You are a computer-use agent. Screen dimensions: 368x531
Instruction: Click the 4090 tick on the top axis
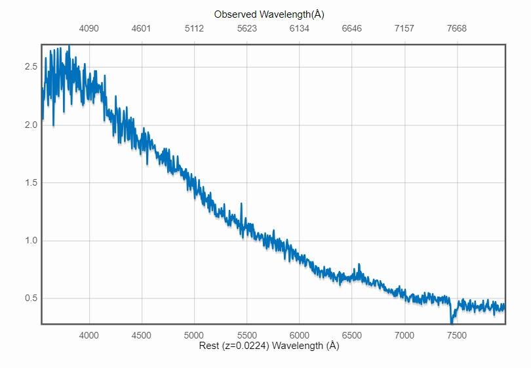click(x=89, y=28)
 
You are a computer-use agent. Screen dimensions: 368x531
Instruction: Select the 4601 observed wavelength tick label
click(x=142, y=28)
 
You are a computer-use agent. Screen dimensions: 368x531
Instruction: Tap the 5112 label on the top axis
click(x=195, y=28)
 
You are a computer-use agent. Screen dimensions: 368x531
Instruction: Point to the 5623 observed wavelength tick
click(x=247, y=28)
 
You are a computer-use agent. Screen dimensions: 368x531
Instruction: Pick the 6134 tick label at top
click(x=300, y=28)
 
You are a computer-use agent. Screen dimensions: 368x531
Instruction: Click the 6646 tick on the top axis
click(x=352, y=28)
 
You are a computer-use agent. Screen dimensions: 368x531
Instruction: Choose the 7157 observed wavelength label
click(x=404, y=28)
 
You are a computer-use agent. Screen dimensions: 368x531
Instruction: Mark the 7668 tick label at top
click(x=457, y=28)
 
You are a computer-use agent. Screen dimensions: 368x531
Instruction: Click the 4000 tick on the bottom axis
click(x=89, y=335)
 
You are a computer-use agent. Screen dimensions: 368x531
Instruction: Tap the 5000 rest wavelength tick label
click(x=195, y=335)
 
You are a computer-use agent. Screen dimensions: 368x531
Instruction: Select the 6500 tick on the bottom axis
click(x=352, y=335)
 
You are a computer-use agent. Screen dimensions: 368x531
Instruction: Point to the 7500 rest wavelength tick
click(x=457, y=335)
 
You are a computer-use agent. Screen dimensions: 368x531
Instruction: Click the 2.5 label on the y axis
click(x=29, y=67)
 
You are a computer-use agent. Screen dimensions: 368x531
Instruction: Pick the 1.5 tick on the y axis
click(x=29, y=182)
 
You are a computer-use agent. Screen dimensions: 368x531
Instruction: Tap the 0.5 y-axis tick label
click(x=29, y=298)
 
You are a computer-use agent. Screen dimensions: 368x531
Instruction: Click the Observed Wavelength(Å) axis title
click(x=269, y=14)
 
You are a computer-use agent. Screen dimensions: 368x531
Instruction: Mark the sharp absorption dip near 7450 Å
click(x=452, y=319)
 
